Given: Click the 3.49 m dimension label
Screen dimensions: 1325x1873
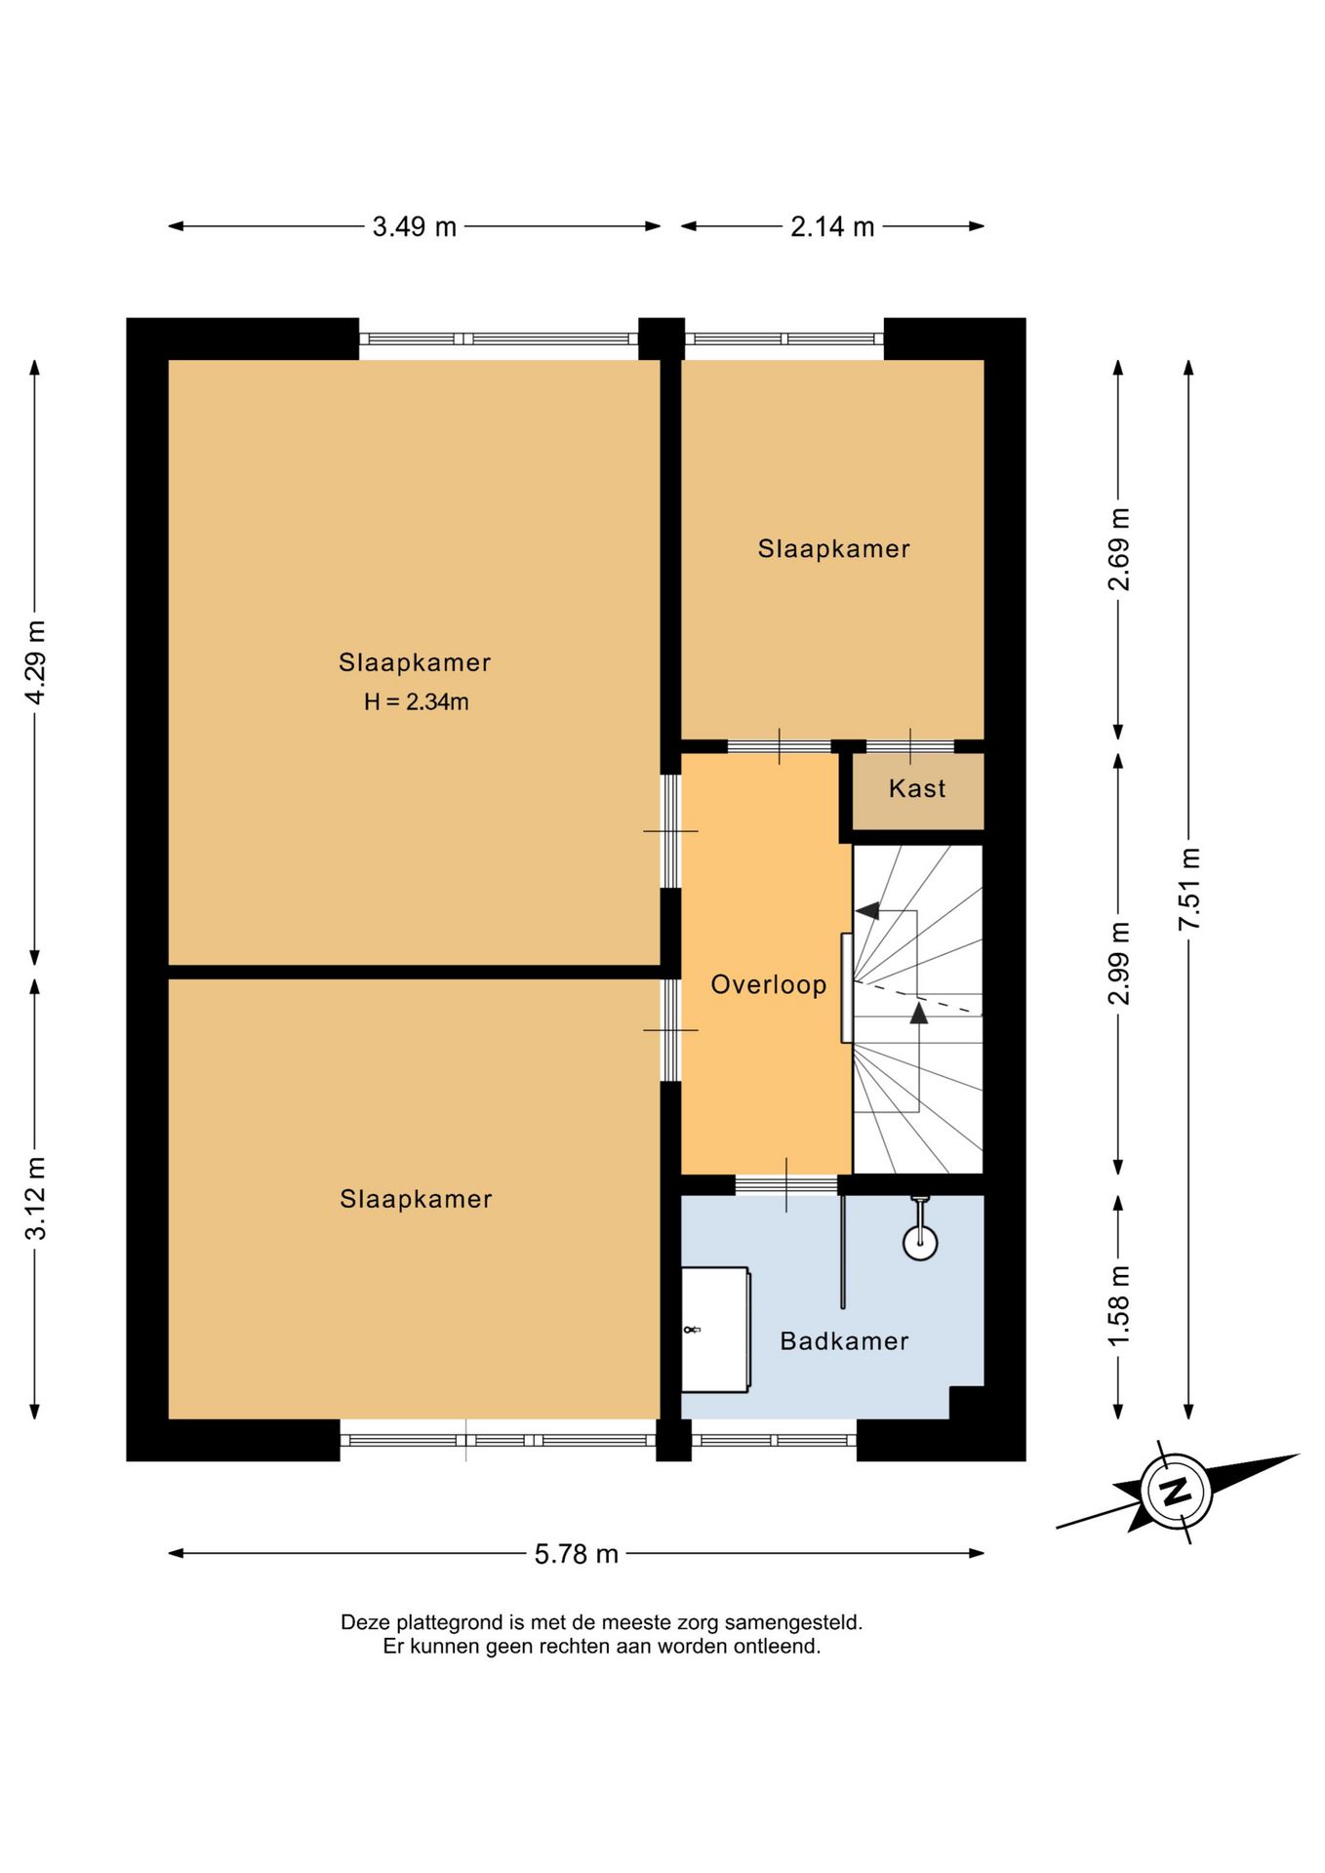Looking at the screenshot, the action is pyautogui.click(x=415, y=226).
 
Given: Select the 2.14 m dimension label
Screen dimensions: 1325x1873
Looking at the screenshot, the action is pyautogui.click(x=832, y=226).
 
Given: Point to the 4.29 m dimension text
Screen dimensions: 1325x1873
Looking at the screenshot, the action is pyautogui.click(x=35, y=661).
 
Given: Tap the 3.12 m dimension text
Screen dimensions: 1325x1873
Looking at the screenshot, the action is pyautogui.click(x=35, y=1198).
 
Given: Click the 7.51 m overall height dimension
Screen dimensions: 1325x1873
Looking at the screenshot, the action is pyautogui.click(x=1189, y=889).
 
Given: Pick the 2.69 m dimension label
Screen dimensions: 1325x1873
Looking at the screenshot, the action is pyautogui.click(x=1119, y=549).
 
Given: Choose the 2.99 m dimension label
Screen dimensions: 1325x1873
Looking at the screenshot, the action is pyautogui.click(x=1119, y=963).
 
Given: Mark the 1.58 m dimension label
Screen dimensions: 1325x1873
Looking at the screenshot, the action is pyautogui.click(x=1119, y=1305).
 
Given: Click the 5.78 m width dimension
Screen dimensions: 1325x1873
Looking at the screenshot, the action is pyautogui.click(x=577, y=1553).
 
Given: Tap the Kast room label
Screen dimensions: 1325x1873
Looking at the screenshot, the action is pyautogui.click(x=917, y=788).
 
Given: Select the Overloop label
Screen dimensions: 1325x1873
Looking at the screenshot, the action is pyautogui.click(x=769, y=984).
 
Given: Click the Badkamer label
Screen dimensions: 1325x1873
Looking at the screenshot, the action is pyautogui.click(x=845, y=1341).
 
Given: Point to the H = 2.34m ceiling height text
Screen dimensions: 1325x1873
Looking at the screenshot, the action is pyautogui.click(x=417, y=701).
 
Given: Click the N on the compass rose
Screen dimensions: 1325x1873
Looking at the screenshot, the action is pyautogui.click(x=1176, y=1492).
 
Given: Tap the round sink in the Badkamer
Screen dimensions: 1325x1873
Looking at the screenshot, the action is pyautogui.click(x=920, y=1242).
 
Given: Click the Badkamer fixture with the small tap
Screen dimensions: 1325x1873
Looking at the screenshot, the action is pyautogui.click(x=716, y=1330).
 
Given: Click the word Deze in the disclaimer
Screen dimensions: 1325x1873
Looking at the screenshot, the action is pyautogui.click(x=365, y=1622).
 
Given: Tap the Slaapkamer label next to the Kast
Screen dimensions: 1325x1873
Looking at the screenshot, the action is pyautogui.click(x=834, y=548).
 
